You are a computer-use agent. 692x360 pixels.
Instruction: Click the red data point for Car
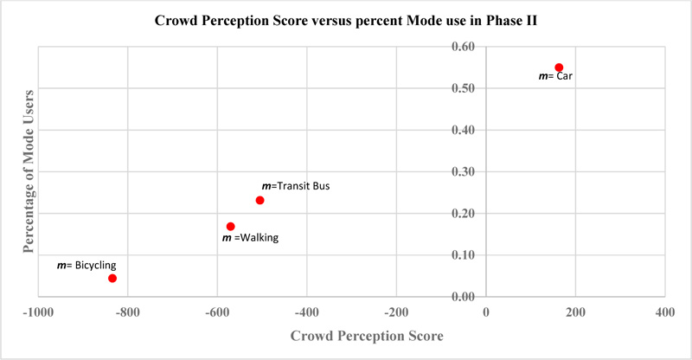click(559, 67)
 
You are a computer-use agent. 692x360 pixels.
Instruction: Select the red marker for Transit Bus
click(259, 201)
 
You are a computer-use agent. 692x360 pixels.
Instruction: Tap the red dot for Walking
click(230, 227)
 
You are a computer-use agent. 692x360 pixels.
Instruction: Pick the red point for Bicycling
click(112, 279)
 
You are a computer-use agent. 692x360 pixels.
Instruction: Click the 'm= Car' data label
click(555, 76)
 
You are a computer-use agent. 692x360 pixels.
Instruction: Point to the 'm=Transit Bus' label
click(296, 185)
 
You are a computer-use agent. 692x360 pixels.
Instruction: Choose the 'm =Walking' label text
click(251, 237)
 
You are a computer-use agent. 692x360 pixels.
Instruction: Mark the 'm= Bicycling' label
click(86, 266)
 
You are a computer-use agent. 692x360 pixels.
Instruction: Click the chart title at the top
click(346, 21)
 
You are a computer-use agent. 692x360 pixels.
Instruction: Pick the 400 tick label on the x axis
click(664, 311)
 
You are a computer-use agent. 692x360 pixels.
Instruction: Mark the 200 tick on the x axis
click(574, 311)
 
